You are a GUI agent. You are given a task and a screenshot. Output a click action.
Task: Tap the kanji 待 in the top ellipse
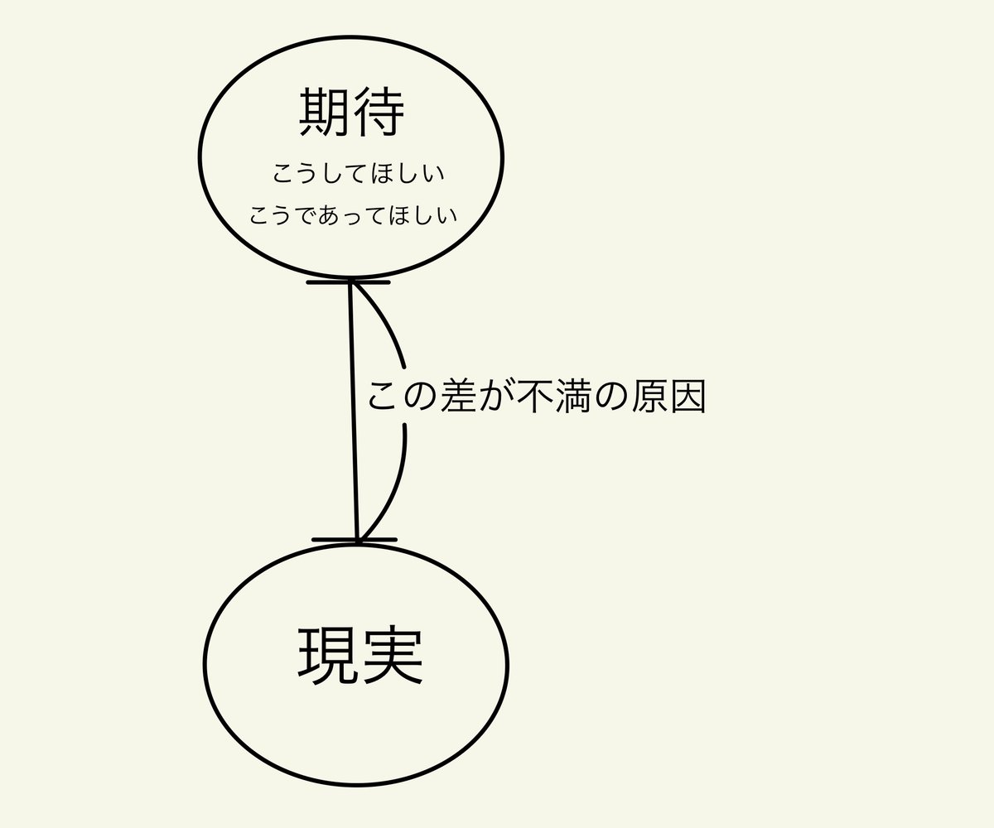pyautogui.click(x=378, y=113)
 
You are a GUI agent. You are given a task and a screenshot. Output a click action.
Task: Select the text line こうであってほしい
pyautogui.click(x=354, y=215)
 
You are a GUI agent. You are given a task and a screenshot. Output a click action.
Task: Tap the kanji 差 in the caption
pyautogui.click(x=458, y=397)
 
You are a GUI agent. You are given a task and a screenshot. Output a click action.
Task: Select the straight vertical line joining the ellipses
pyautogui.click(x=354, y=414)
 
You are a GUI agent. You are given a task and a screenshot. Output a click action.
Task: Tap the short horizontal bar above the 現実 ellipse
pyautogui.click(x=335, y=540)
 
